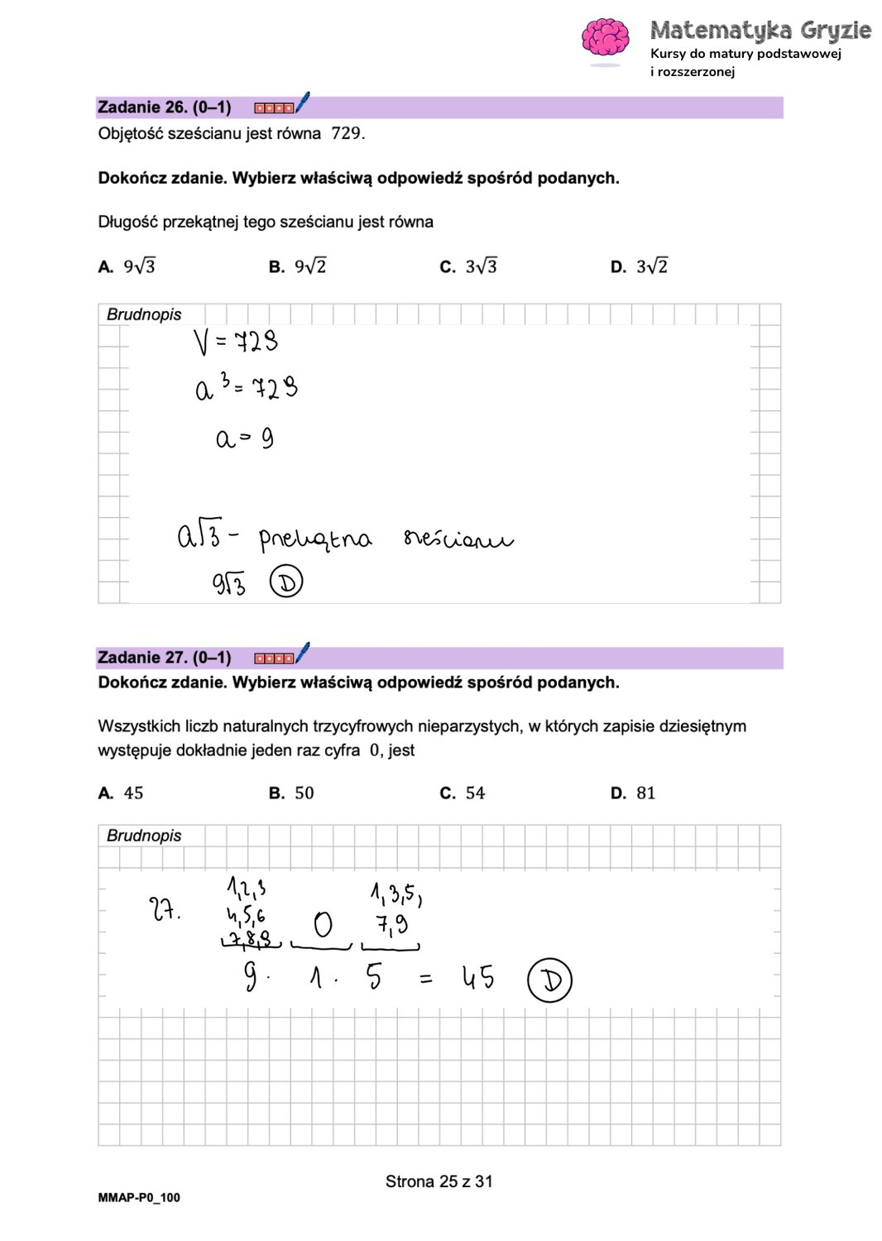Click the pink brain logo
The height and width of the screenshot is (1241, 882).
coord(606,39)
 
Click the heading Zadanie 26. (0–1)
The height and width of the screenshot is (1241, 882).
coord(164,108)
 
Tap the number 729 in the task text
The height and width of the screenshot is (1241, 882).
coord(348,133)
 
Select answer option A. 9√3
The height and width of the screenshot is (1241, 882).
coord(127,266)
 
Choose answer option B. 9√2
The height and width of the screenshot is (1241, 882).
coord(298,266)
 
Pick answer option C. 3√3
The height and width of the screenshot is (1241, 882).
coord(469,266)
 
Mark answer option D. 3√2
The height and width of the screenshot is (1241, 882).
coord(640,266)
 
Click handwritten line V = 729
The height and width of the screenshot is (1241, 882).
coord(236,341)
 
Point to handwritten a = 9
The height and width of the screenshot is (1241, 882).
coord(244,438)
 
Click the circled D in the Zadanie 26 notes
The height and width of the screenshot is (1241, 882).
coord(286,582)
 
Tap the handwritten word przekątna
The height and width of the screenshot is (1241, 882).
coord(315,539)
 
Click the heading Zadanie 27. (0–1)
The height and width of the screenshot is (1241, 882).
coord(164,658)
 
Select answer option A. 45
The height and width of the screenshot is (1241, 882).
coord(122,793)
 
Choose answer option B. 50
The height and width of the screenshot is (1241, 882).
coord(292,793)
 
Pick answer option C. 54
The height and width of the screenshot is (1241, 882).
coord(463,793)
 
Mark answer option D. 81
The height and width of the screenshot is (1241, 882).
coord(634,793)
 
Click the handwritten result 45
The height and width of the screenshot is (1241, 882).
coord(478,977)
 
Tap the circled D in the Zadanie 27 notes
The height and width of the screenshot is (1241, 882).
coord(549,980)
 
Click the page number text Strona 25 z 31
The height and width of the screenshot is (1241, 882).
coord(439,1181)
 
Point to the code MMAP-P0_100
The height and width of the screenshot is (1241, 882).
coord(139,1197)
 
